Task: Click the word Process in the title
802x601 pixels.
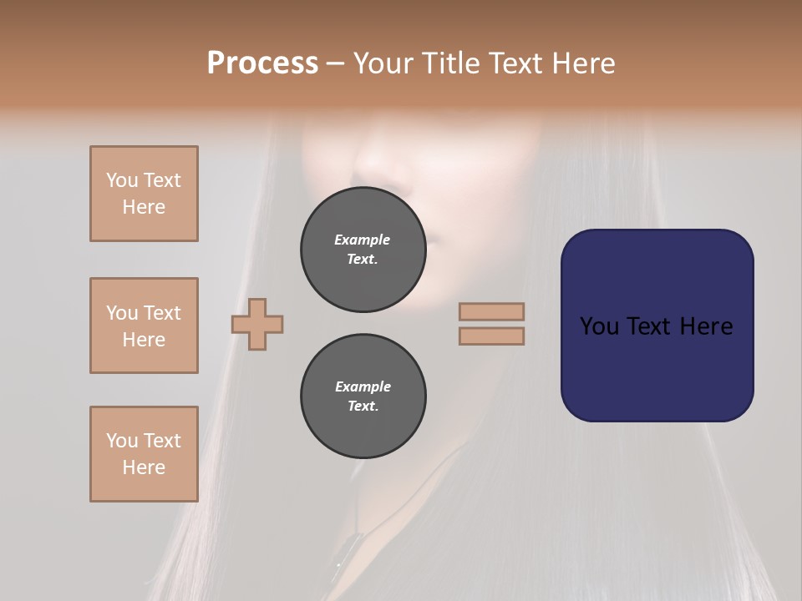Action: click(262, 63)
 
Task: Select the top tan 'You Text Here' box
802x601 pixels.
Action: click(144, 194)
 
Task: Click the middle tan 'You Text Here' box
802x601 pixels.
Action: click(144, 326)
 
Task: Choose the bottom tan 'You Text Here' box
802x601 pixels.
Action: click(144, 454)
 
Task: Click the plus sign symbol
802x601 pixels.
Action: click(257, 324)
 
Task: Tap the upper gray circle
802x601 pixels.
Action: click(363, 250)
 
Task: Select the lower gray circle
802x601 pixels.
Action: click(363, 396)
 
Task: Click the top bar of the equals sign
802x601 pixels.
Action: click(492, 311)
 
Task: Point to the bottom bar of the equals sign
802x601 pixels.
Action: click(492, 336)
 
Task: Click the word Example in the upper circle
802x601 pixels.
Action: click(363, 240)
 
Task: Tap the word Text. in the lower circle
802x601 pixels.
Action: click(363, 407)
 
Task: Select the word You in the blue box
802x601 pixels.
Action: click(599, 326)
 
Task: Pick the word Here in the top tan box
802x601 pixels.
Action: click(144, 207)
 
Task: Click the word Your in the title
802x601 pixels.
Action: click(385, 63)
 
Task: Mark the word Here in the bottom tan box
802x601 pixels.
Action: click(144, 467)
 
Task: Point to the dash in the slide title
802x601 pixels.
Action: click(335, 63)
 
